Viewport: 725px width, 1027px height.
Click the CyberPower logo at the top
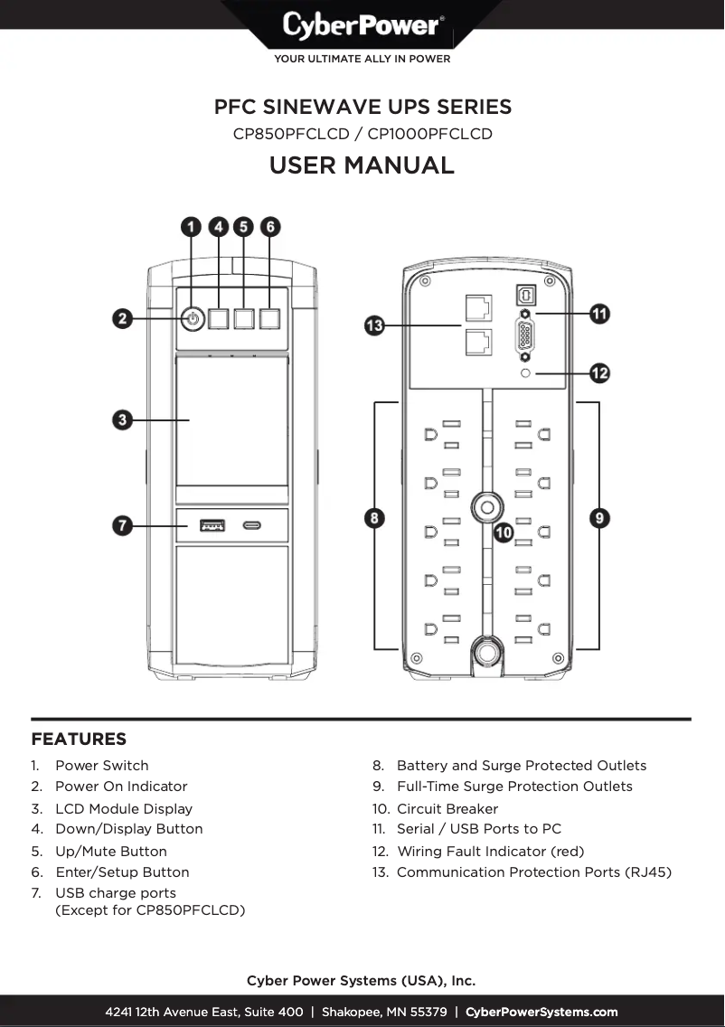362,24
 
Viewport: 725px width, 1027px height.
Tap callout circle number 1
192,227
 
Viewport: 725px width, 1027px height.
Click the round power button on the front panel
192,318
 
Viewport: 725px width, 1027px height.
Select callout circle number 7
124,525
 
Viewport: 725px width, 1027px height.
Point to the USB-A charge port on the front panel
212,524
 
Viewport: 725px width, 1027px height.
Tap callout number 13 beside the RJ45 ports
375,325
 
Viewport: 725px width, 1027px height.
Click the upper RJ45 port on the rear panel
477,307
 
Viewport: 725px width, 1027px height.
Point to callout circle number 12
599,372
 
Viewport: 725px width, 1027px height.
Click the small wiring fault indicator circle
525,372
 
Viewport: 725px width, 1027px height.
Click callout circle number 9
599,518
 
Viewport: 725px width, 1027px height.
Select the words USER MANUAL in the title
362,165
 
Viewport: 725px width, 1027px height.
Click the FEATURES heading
79,740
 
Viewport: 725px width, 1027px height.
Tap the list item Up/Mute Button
110,851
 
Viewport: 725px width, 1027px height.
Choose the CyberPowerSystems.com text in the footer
541,1012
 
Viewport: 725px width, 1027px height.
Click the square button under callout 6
269,318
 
